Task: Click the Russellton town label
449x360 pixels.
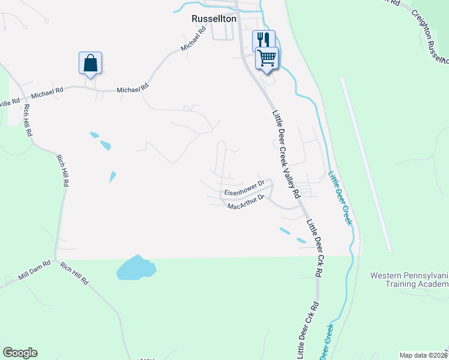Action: point(214,19)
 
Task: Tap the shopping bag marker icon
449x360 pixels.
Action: point(90,62)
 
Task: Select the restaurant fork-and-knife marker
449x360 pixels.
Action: point(263,40)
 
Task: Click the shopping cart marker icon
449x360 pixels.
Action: point(267,58)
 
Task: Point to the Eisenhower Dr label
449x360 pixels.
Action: point(244,188)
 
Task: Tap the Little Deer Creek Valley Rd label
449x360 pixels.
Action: point(286,154)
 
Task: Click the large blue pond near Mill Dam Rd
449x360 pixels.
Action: point(136,268)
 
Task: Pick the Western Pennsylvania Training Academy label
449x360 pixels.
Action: point(409,280)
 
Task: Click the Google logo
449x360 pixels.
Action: point(20,353)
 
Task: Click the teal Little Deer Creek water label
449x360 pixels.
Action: point(340,199)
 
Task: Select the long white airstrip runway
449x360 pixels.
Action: point(366,164)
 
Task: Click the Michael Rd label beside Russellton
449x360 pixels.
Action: point(194,41)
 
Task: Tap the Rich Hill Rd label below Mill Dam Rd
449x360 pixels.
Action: point(74,273)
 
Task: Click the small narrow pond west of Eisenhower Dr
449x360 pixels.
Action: point(112,176)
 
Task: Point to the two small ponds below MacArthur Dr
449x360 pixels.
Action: point(292,235)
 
